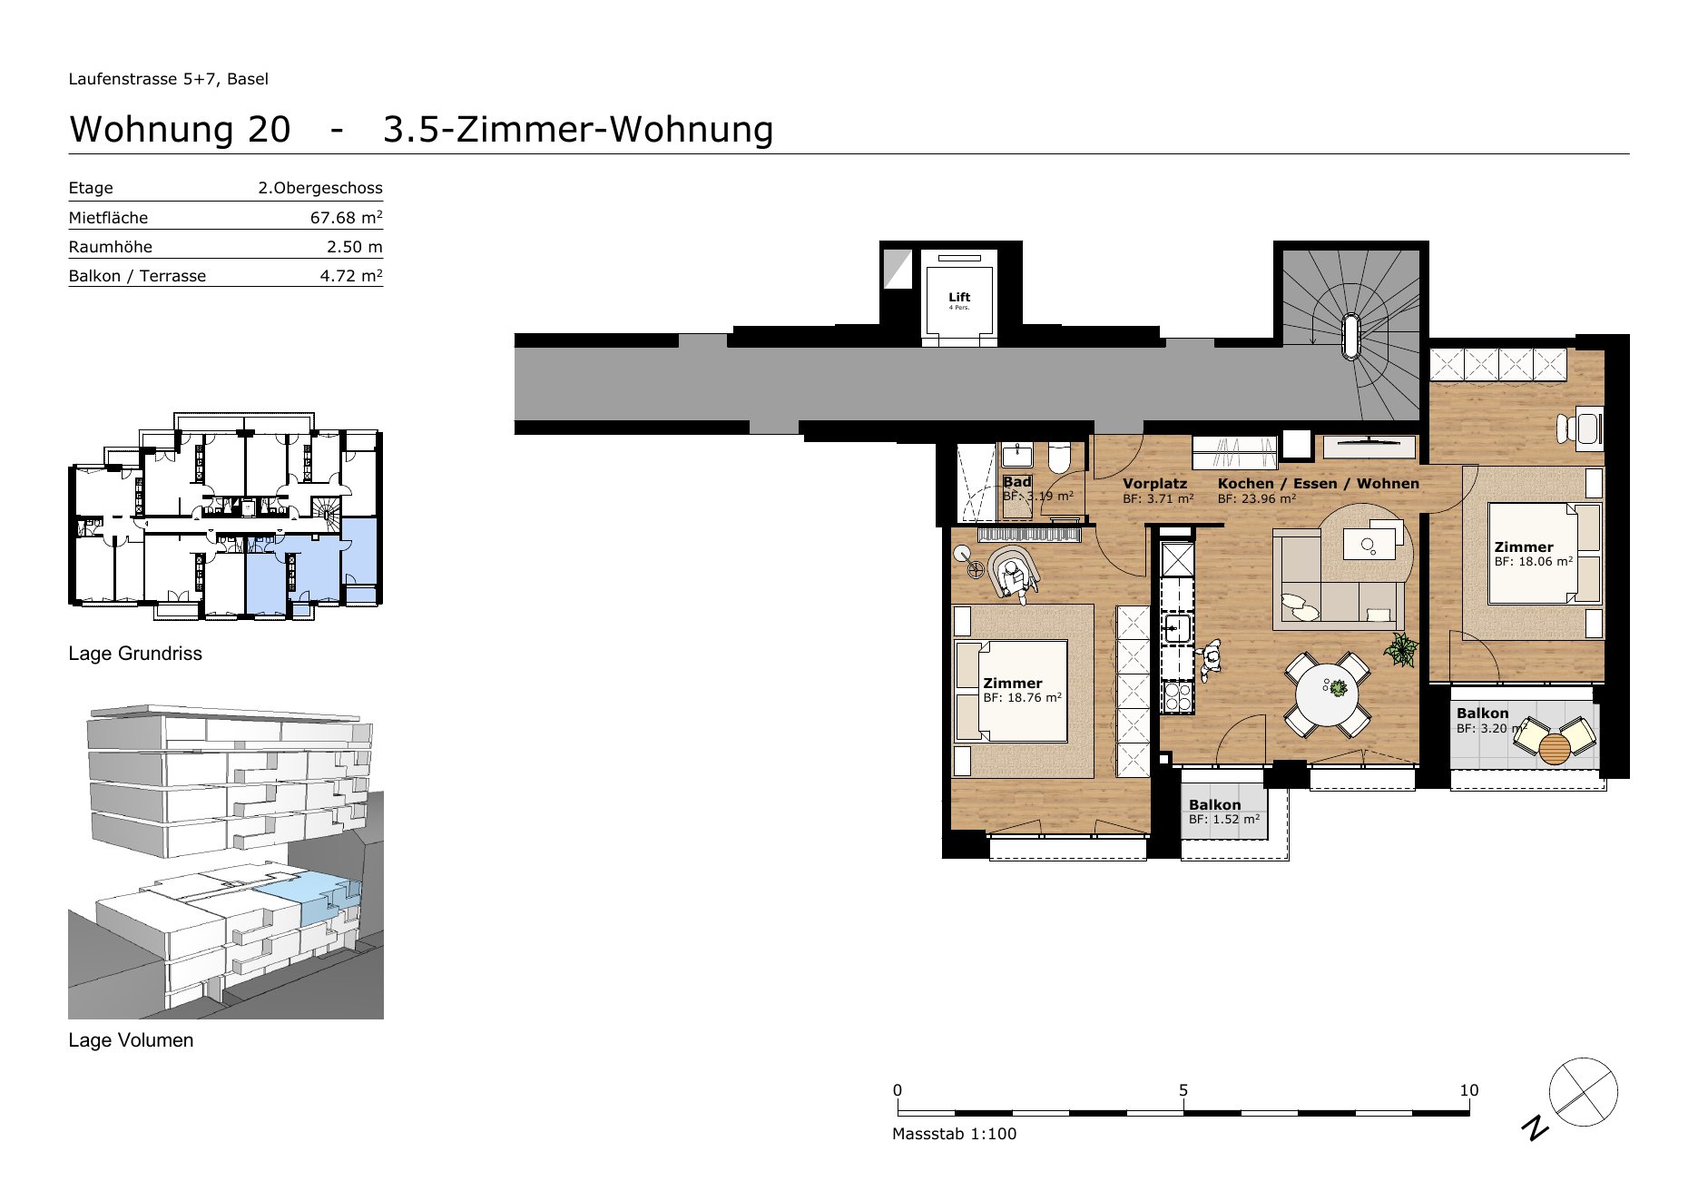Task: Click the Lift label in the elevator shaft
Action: coord(959,297)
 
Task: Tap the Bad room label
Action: coord(1016,482)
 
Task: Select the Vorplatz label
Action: coord(1154,484)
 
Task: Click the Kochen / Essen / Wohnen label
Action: coord(1318,484)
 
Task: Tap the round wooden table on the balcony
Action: coord(1555,748)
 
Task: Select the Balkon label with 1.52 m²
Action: coord(1214,804)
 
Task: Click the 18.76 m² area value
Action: coord(1022,698)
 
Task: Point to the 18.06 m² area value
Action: coord(1534,562)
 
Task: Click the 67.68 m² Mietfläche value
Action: coord(346,217)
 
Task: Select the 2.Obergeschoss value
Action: coord(320,188)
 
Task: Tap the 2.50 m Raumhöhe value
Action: coord(355,247)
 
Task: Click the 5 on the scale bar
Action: coord(1183,1090)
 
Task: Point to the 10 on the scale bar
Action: coord(1468,1090)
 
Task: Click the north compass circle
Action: coord(1583,1092)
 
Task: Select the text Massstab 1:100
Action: coord(954,1134)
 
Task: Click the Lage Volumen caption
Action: coord(131,1040)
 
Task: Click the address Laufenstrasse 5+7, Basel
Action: coord(169,79)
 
